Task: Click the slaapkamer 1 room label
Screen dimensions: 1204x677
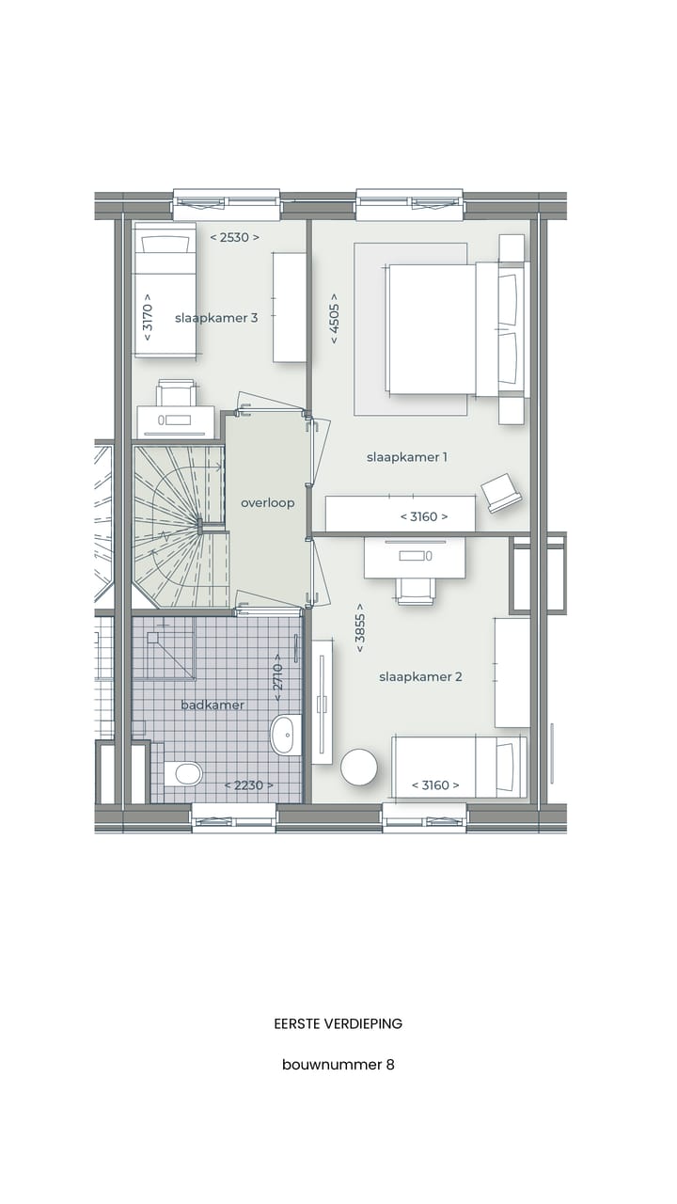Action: coord(406,457)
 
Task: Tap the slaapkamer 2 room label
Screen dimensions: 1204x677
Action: coord(420,676)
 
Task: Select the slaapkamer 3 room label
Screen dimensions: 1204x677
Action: coord(216,318)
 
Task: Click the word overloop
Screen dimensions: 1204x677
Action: coord(267,503)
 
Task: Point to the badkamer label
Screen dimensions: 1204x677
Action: coord(213,705)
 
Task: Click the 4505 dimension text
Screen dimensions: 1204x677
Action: coord(334,318)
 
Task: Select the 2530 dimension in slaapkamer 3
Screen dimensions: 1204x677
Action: coord(234,238)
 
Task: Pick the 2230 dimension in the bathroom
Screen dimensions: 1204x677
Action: coord(248,785)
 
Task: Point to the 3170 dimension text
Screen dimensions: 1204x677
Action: coord(147,321)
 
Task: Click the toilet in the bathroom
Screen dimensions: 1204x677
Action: coord(184,774)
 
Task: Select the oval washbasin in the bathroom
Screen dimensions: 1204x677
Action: coord(285,735)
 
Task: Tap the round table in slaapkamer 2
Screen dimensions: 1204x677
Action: coord(358,767)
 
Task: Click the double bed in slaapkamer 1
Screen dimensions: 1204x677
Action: coord(442,329)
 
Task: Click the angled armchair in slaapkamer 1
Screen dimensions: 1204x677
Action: coord(502,492)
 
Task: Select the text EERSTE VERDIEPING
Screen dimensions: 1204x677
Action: coord(338,1023)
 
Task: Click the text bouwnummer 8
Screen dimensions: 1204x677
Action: coord(338,1065)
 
